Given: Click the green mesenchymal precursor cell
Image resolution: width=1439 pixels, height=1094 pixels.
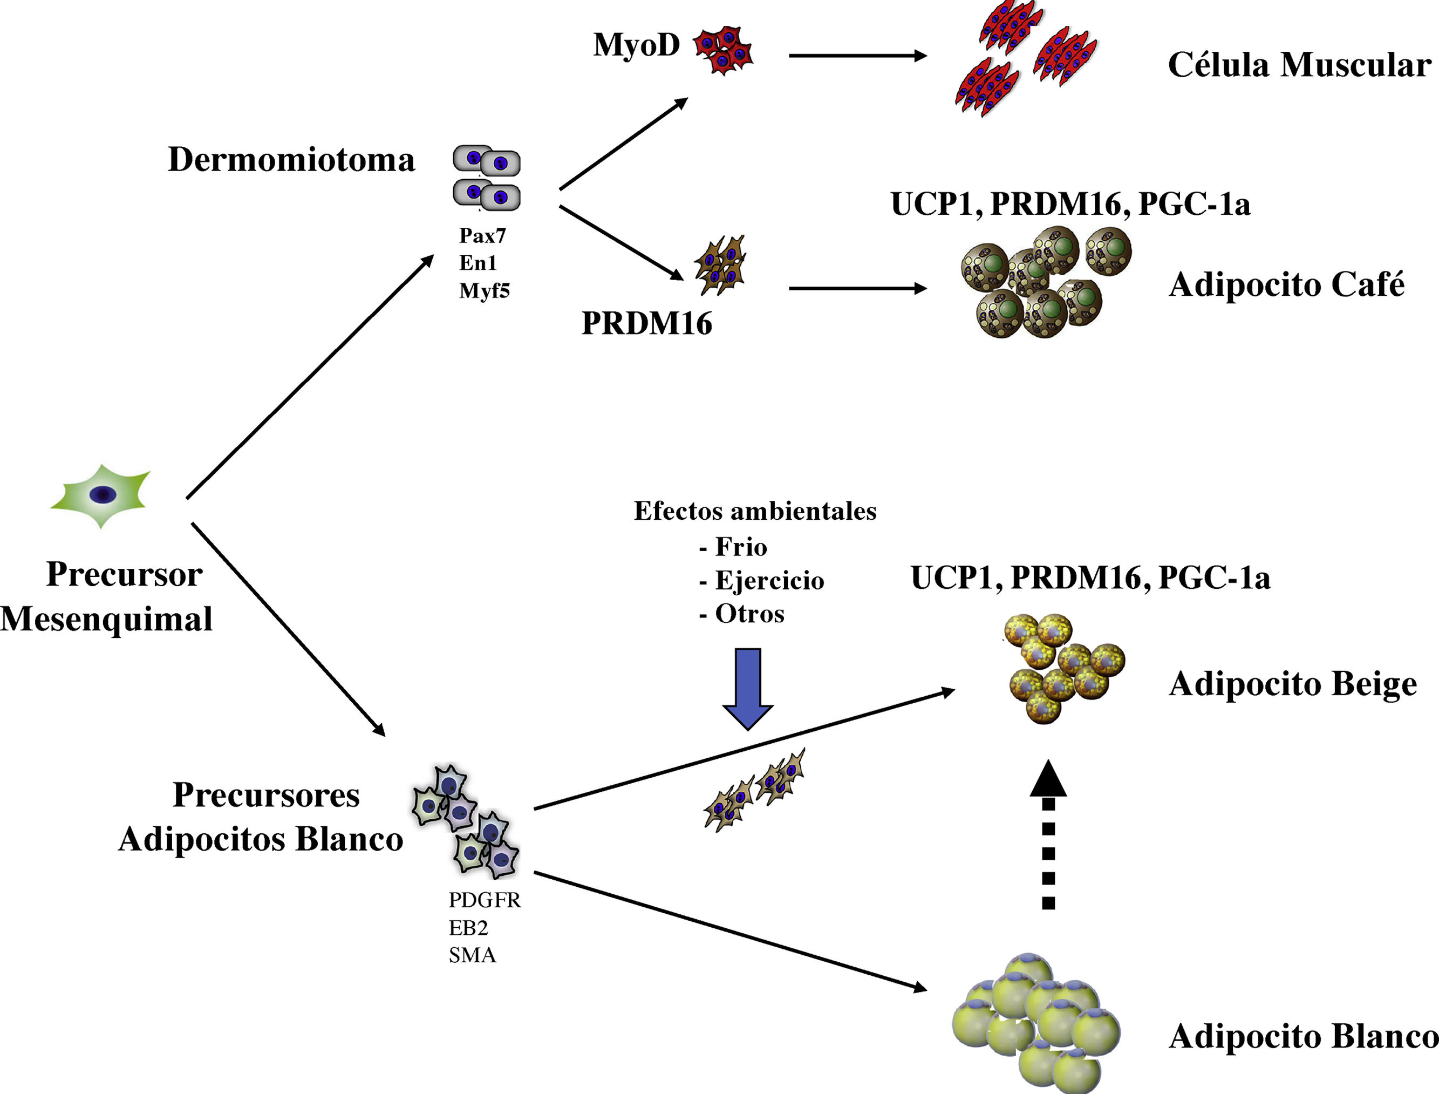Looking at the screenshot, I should point(101,495).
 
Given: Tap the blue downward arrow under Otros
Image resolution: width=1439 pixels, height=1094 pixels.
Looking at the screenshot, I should point(748,688).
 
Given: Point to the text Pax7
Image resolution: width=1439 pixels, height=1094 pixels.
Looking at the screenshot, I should point(482,235).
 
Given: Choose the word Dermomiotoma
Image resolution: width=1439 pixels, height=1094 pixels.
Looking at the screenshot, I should point(291,160).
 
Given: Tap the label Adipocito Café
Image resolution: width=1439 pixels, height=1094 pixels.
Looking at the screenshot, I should point(1286,284).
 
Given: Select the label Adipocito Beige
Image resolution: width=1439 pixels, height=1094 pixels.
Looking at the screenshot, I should point(1293,684).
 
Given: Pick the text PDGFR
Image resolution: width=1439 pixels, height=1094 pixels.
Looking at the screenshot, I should point(484,900).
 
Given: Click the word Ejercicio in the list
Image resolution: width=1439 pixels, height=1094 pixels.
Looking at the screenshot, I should point(769,580).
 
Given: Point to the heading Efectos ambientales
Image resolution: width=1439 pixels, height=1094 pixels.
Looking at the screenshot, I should point(755,511).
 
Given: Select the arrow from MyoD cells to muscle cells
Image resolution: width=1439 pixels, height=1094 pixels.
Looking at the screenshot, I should point(857,56).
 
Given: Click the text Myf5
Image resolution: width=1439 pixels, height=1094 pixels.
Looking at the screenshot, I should point(484,290).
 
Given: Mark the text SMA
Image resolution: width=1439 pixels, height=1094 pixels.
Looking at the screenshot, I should point(473,955).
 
